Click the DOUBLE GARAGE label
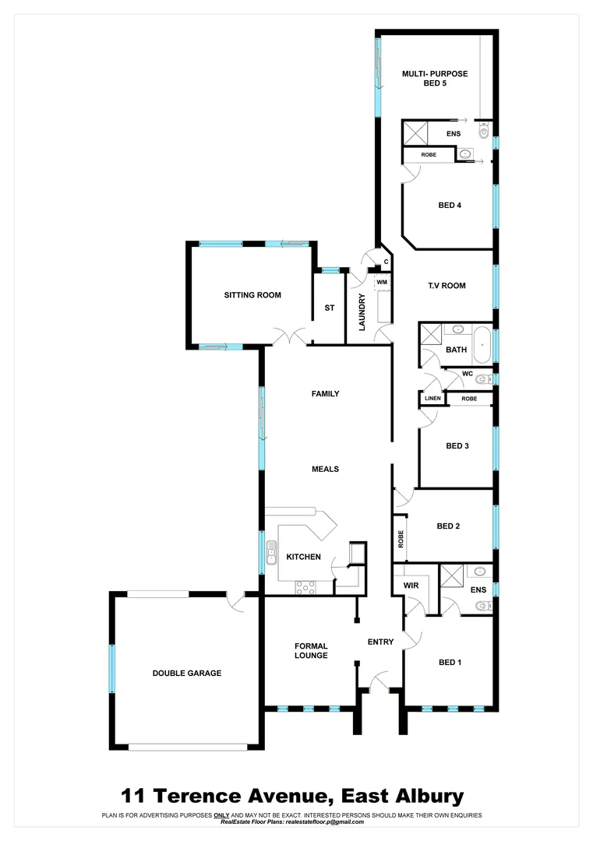click(187, 673)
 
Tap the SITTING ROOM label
click(252, 295)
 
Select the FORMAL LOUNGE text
click(311, 650)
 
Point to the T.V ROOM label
click(446, 286)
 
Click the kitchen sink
click(271, 553)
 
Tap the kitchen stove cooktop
click(305, 588)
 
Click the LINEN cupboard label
click(432, 399)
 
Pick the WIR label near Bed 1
click(411, 586)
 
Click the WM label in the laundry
click(382, 282)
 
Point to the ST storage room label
click(330, 308)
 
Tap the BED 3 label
click(457, 446)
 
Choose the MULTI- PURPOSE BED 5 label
click(434, 79)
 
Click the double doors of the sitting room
click(289, 337)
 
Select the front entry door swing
click(379, 681)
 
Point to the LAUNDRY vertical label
click(362, 311)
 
